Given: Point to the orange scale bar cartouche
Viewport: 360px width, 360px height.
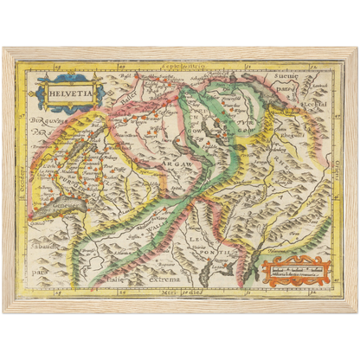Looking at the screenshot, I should click(x=295, y=270).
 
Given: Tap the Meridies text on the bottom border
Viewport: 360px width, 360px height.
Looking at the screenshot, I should click(x=177, y=293).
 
